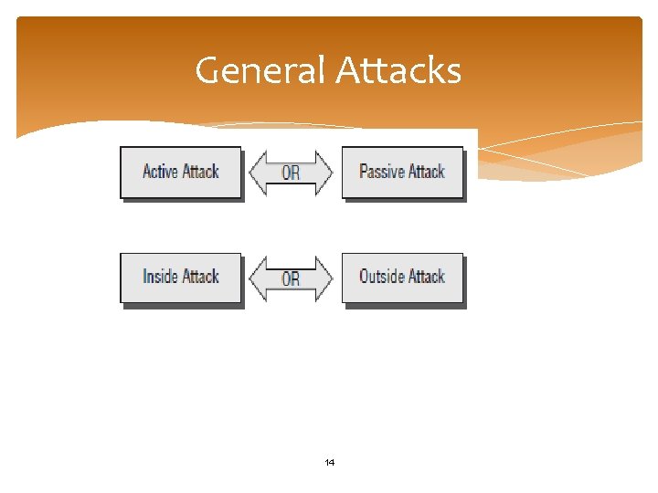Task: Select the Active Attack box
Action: (x=181, y=172)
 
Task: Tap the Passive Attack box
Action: (x=402, y=172)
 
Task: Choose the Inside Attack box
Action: (x=181, y=277)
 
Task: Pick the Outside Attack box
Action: (x=402, y=277)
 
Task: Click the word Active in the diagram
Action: (x=160, y=172)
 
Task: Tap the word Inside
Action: (x=161, y=277)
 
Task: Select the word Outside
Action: (x=381, y=277)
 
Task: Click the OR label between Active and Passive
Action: (x=291, y=173)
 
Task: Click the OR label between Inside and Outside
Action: (x=291, y=278)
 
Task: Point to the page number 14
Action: (x=330, y=463)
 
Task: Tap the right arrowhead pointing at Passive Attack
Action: (x=324, y=173)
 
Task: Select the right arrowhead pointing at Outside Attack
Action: (x=324, y=278)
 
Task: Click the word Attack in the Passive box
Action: (x=425, y=172)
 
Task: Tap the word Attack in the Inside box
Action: (x=199, y=277)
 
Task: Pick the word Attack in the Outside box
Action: (x=425, y=277)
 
